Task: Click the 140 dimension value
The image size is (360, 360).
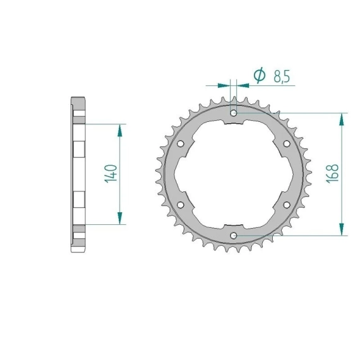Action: [111, 174]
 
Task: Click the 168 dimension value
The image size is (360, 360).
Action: [332, 173]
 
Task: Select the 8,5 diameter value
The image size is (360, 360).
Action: [282, 76]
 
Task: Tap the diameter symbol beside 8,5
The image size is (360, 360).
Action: [260, 75]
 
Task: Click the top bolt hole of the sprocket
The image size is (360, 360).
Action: [234, 113]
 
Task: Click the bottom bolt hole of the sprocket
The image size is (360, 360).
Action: [234, 236]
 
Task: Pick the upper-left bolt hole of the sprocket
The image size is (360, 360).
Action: [181, 144]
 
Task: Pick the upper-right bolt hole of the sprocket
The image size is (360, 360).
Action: [287, 144]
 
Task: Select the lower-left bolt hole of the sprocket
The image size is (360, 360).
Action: [181, 205]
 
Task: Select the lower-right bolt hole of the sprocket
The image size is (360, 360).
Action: [287, 205]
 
